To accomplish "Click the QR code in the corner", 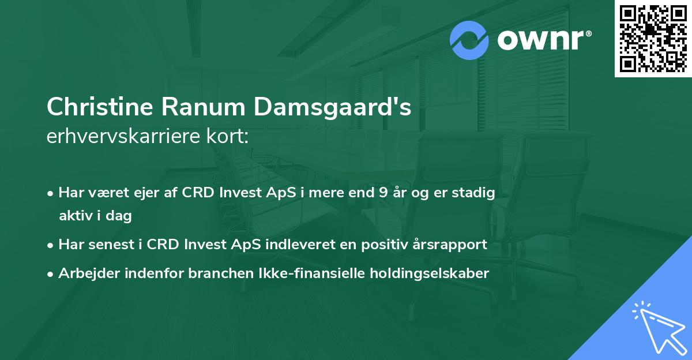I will point(653,39).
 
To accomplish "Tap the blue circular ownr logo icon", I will point(469,40).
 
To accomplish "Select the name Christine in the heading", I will point(100,107).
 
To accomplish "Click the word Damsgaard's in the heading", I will point(330,107).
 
